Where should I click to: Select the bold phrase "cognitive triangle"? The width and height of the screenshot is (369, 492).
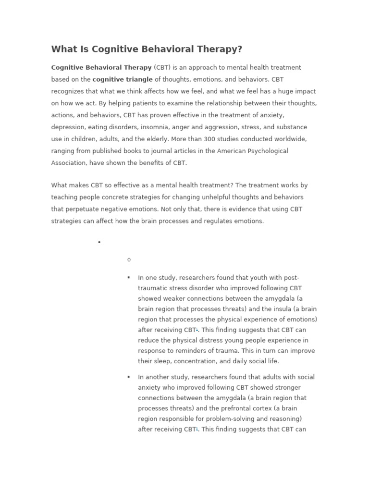coord(123,79)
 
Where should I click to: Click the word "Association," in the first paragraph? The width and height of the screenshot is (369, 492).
coord(70,163)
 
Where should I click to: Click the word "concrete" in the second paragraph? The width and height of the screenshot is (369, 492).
coord(111,197)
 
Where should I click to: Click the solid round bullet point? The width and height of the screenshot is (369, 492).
coord(99,242)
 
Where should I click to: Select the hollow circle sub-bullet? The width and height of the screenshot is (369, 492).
coord(129,260)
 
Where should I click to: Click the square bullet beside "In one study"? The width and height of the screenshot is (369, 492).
coord(129,278)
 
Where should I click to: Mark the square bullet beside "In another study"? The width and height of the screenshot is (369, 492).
coord(129,377)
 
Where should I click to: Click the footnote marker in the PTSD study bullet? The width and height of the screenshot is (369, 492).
coord(197,330)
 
